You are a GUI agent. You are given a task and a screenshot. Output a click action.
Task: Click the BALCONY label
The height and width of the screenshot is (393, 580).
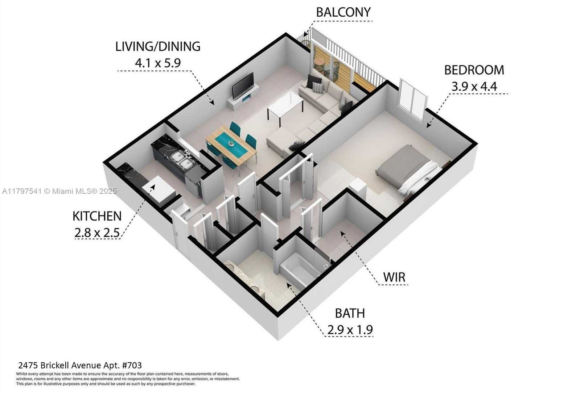[x=344, y=12]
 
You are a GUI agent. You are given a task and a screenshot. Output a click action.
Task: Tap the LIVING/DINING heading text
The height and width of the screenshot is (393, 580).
[x=158, y=46]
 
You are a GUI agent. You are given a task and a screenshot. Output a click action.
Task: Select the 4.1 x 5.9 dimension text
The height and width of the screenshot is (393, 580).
[x=158, y=63]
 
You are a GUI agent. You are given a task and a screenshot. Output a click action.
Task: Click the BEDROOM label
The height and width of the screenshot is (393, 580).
[x=474, y=70]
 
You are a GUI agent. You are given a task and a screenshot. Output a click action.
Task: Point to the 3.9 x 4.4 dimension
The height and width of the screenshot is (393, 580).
[x=474, y=86]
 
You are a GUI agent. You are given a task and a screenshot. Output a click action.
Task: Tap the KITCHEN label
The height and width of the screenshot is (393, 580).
[x=97, y=216]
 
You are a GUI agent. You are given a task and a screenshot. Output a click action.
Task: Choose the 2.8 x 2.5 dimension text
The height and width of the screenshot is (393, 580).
[x=97, y=233]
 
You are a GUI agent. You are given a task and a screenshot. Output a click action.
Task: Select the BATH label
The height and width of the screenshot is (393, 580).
[x=350, y=313]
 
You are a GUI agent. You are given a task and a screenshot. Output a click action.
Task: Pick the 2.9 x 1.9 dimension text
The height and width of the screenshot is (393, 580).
[x=350, y=330]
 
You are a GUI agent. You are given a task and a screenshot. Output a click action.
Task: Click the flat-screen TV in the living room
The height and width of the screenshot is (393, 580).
[x=243, y=86]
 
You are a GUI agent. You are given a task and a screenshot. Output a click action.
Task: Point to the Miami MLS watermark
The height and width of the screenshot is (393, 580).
[x=59, y=191]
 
